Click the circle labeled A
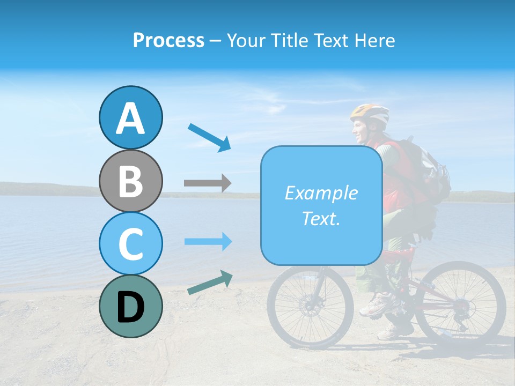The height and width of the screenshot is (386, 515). point(130,118)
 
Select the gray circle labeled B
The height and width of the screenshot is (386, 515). point(130,181)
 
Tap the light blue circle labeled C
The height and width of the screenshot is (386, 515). point(130,243)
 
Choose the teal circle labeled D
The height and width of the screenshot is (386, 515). point(130,306)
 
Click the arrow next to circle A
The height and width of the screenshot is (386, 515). point(209,137)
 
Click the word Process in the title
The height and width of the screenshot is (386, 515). point(168,40)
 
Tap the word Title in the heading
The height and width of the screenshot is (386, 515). point(289,40)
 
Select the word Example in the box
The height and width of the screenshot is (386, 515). point(321,193)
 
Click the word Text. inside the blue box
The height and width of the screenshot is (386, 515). point(321,218)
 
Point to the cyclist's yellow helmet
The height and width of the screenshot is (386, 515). point(370,113)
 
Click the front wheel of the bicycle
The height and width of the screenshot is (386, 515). point(310,307)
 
